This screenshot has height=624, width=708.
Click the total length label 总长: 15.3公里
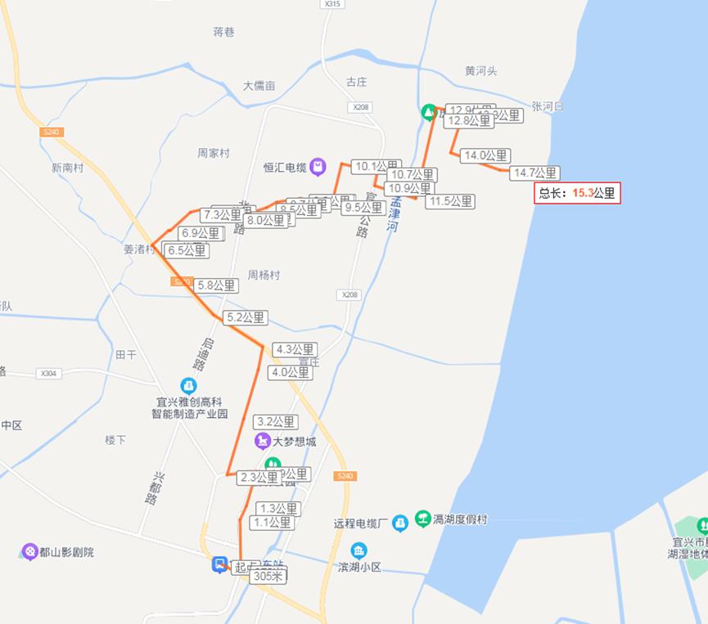click(x=577, y=194)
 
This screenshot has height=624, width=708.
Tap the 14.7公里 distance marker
click(x=534, y=173)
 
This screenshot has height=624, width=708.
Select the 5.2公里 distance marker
click(x=246, y=317)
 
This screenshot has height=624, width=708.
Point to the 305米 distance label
click(x=268, y=576)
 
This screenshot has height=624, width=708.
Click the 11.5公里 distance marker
click(x=450, y=201)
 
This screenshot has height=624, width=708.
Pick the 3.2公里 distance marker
click(x=275, y=422)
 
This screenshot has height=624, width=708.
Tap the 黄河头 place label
click(x=480, y=71)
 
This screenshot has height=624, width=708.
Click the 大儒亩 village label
click(x=259, y=86)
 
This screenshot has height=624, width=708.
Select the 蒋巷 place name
click(x=223, y=33)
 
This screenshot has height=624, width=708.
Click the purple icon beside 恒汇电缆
click(x=318, y=167)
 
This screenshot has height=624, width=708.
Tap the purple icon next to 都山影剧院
click(x=29, y=552)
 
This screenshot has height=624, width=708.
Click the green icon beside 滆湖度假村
click(x=422, y=519)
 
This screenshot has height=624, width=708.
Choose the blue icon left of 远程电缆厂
click(x=399, y=523)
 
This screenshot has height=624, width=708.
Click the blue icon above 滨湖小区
click(x=359, y=550)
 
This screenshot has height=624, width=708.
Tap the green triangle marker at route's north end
click(x=427, y=112)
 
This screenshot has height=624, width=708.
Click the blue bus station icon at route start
click(x=220, y=565)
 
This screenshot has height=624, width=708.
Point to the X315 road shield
click(x=332, y=4)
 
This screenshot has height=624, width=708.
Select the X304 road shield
click(x=49, y=374)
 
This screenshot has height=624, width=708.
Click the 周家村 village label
click(x=214, y=153)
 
